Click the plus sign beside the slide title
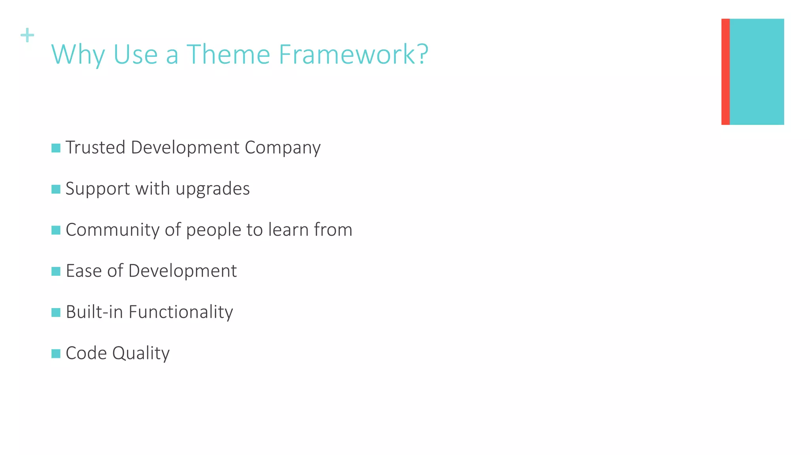(27, 35)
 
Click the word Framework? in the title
(353, 54)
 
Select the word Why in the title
(78, 55)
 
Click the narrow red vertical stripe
(725, 71)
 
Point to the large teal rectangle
(756, 71)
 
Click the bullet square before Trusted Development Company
(56, 148)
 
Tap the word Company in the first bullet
(282, 148)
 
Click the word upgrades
(212, 189)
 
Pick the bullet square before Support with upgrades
(56, 189)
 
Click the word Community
(112, 230)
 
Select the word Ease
(83, 271)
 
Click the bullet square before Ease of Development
(56, 271)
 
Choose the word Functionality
(181, 312)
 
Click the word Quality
(141, 353)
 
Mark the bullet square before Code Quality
(56, 353)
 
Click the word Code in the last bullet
(86, 353)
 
